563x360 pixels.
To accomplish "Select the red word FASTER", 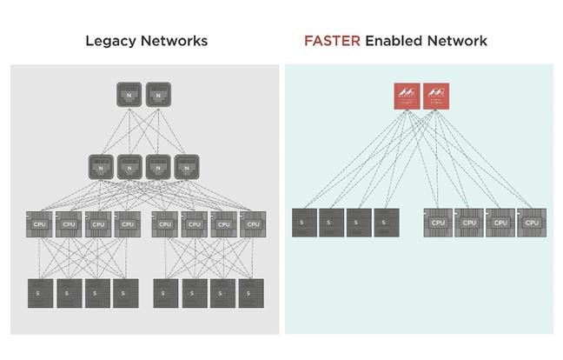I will pyautogui.click(x=328, y=41).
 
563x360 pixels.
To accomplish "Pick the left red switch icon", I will pyautogui.click(x=407, y=96).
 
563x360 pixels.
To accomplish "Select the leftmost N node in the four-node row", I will pyautogui.click(x=101, y=167).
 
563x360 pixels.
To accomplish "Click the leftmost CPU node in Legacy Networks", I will pyautogui.click(x=40, y=223).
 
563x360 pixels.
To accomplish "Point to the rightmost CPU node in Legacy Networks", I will pyautogui.click(x=252, y=223).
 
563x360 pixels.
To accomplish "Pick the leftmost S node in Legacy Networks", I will pyautogui.click(x=40, y=292).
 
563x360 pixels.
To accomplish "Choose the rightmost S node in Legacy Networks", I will pyautogui.click(x=252, y=292).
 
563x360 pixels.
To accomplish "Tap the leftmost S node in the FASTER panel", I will pyautogui.click(x=304, y=223).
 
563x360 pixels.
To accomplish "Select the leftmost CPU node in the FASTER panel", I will pyautogui.click(x=438, y=223).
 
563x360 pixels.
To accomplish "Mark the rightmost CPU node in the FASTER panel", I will pyautogui.click(x=532, y=223).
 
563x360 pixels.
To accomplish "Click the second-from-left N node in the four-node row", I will pyautogui.click(x=129, y=167).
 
